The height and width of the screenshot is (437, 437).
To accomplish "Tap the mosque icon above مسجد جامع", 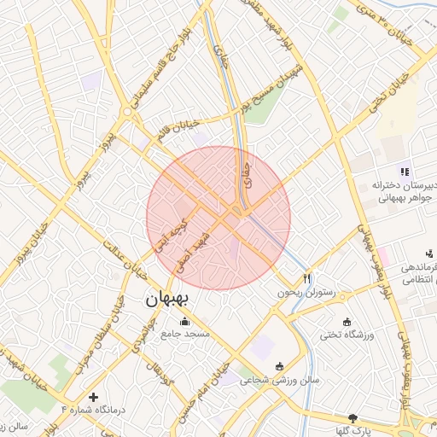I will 184,322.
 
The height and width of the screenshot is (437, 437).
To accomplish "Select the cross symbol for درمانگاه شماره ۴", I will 94,397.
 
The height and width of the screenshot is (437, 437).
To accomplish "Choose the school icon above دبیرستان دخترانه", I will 405,171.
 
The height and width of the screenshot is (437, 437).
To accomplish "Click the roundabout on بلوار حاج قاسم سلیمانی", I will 127,112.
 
